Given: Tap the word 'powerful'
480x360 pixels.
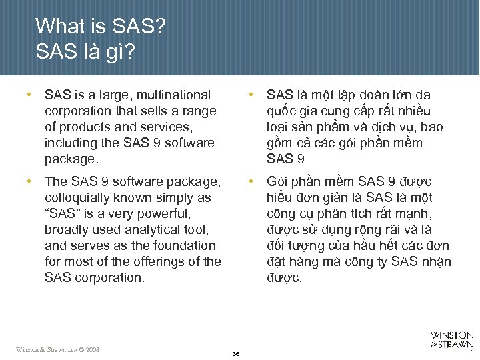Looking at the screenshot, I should tap(163, 214).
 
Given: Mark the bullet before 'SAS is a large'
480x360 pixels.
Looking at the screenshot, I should tap(29, 95).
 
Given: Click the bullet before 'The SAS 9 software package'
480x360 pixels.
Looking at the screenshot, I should tap(29, 181).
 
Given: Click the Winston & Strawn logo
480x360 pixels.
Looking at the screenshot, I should tap(451, 340).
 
